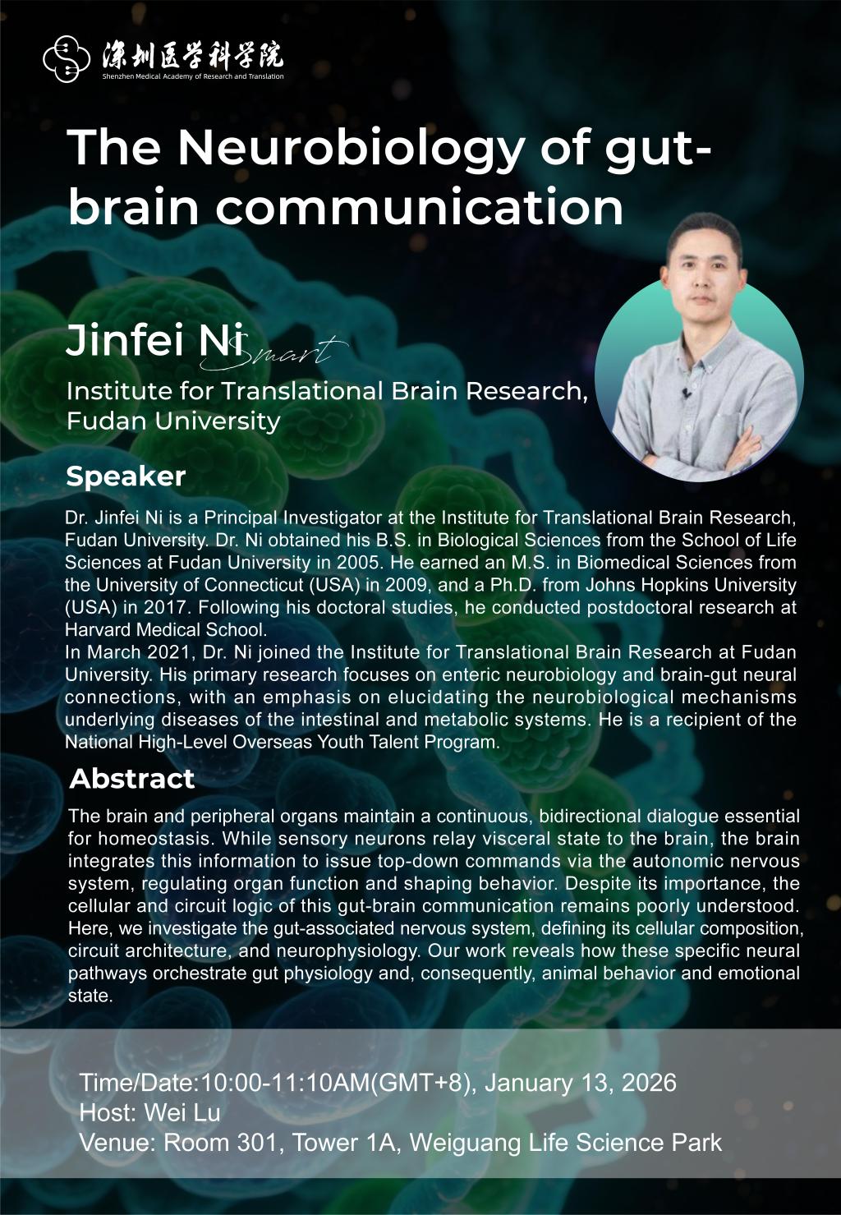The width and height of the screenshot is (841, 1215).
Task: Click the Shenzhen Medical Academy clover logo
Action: tap(67, 59)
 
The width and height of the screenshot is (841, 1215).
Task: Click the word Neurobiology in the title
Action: tap(349, 147)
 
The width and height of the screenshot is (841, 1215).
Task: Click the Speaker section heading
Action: tap(126, 476)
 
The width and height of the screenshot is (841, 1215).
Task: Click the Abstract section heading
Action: tap(131, 778)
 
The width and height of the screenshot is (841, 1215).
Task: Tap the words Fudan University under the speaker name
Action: tap(173, 421)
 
